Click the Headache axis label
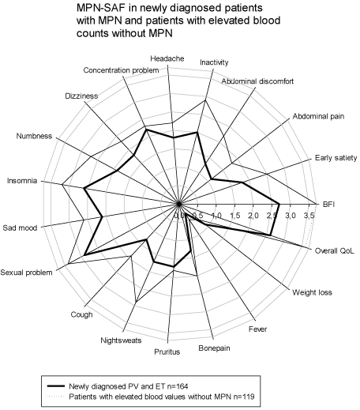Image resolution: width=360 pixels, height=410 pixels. point(167,58)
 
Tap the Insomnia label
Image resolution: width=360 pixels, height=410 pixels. point(22,181)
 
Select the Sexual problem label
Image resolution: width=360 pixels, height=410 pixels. point(26,273)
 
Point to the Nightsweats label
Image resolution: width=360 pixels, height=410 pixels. point(121,340)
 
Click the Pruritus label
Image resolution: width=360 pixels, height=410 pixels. point(167,352)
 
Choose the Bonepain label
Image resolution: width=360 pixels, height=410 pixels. point(214,348)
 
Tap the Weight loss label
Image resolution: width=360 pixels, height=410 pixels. point(312,292)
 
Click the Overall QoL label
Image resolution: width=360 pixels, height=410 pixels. point(335,250)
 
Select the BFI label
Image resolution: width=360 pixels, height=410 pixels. point(328,205)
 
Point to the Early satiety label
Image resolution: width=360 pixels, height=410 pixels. point(336,158)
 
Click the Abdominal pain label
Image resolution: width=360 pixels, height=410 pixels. point(318,116)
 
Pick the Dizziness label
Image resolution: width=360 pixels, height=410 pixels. point(81,96)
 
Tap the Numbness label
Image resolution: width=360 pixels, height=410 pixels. point(34,136)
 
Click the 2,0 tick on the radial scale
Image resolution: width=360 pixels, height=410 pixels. point(253,216)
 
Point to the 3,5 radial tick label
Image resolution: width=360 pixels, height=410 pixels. point(309,216)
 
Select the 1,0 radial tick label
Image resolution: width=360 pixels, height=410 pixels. point(216,216)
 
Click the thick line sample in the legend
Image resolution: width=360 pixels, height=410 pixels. point(56,386)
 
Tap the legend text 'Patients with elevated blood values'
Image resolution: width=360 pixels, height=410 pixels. point(132,397)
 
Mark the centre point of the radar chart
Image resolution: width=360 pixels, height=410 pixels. point(179,204)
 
